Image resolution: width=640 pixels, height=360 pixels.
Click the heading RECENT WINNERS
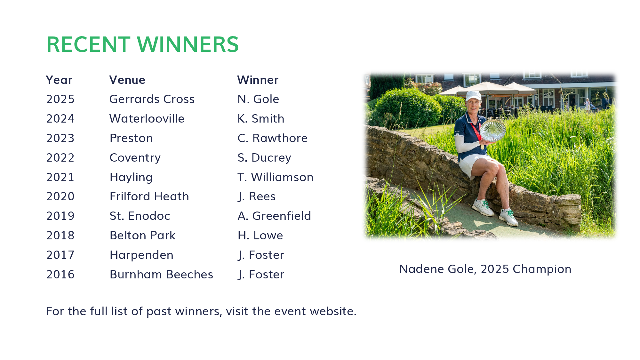tap(143, 44)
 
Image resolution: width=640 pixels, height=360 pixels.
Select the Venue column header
tap(127, 80)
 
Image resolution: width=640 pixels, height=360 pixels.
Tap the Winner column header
tap(258, 80)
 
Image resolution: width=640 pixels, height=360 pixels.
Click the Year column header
tap(59, 80)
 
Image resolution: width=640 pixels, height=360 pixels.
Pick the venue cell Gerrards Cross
tap(152, 99)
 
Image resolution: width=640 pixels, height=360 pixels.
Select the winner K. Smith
tap(261, 119)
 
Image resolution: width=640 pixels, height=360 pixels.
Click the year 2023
tap(60, 138)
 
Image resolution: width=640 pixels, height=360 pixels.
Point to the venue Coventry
tap(135, 158)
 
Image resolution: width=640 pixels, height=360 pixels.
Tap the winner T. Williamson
tap(276, 177)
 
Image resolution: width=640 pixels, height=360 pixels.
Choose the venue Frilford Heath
tap(149, 196)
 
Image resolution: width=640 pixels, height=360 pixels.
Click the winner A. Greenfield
tap(274, 216)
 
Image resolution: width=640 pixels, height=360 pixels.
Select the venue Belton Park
tap(143, 236)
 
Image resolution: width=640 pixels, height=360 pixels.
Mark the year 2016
tap(60, 275)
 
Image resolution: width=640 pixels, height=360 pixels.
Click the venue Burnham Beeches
tap(161, 275)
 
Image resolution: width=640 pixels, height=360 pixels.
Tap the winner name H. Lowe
tap(260, 236)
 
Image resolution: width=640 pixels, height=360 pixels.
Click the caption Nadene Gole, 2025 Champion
tap(485, 269)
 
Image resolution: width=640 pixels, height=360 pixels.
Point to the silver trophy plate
tap(492, 130)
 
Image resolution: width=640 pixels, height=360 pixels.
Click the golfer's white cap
tap(473, 96)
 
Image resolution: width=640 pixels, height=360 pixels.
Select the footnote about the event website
tap(201, 311)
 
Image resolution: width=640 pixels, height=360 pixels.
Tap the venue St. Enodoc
tap(140, 216)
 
